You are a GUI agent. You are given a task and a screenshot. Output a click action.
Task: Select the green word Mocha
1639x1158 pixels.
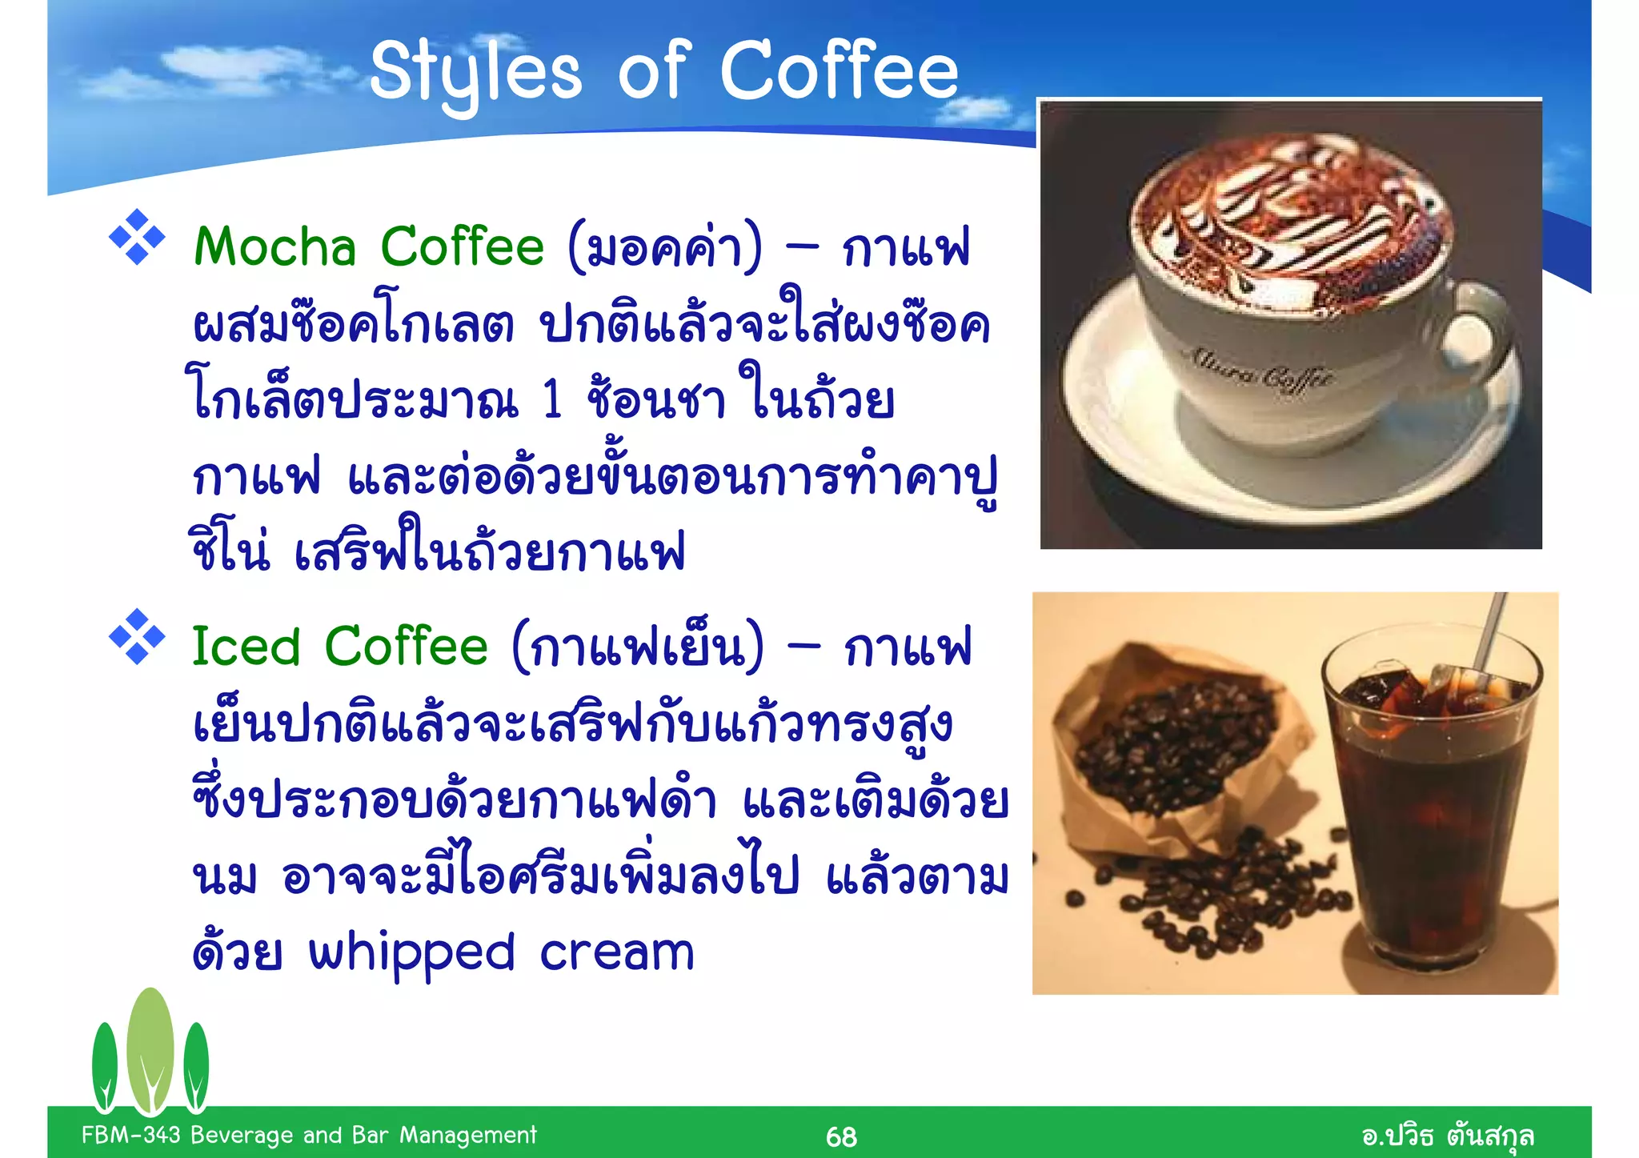[x=275, y=246]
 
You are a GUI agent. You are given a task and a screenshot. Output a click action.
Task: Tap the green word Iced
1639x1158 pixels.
[x=246, y=647]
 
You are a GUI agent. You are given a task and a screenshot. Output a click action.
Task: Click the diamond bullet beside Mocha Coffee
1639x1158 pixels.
[x=137, y=237]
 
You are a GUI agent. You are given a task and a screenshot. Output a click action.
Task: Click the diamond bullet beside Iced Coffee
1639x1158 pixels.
[x=137, y=637]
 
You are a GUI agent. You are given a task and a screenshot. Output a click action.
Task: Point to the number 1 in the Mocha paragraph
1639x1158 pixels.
[x=552, y=400]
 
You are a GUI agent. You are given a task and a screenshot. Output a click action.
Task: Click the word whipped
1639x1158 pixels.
[x=411, y=954]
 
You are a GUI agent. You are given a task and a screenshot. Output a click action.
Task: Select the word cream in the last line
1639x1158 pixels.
[x=616, y=954]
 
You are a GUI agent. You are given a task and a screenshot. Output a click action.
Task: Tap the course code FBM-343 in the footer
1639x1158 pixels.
[x=131, y=1135]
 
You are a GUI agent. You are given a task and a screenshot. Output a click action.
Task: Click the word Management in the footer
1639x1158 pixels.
[x=468, y=1135]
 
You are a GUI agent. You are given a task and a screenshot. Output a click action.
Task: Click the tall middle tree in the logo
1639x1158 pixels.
[x=150, y=1048]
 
